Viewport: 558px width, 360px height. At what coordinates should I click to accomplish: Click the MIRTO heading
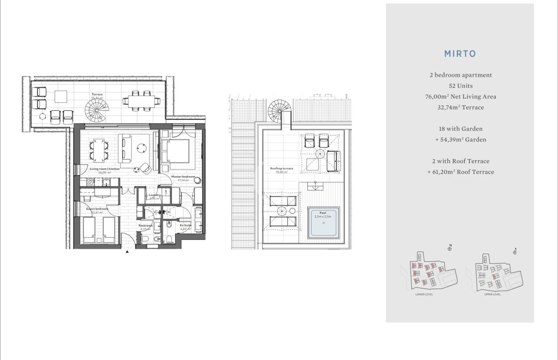pyautogui.click(x=460, y=54)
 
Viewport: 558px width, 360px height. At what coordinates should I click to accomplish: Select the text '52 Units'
pyautogui.click(x=460, y=86)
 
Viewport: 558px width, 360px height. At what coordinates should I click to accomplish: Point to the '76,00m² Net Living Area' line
pyautogui.click(x=460, y=97)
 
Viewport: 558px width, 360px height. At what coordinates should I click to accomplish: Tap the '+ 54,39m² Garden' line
pyautogui.click(x=460, y=140)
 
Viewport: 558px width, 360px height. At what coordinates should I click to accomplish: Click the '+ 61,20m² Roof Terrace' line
pyautogui.click(x=460, y=172)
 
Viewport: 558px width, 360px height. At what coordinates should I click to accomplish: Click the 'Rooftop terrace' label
pyautogui.click(x=282, y=168)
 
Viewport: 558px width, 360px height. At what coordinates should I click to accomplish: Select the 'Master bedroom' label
pyautogui.click(x=183, y=177)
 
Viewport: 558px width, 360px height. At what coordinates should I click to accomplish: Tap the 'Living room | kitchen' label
pyautogui.click(x=105, y=169)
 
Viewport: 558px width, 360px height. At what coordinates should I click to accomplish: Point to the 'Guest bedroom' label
pyautogui.click(x=97, y=209)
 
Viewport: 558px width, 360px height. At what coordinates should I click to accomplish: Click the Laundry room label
pyautogui.click(x=155, y=195)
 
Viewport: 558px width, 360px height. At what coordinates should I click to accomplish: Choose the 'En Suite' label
pyautogui.click(x=186, y=225)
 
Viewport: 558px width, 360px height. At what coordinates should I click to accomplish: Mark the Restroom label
pyautogui.click(x=146, y=225)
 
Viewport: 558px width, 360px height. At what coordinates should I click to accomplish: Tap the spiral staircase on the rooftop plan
pyautogui.click(x=279, y=110)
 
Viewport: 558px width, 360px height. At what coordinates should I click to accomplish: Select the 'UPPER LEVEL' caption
pyautogui.click(x=492, y=294)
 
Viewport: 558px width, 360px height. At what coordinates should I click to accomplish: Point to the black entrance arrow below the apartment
pyautogui.click(x=127, y=251)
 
